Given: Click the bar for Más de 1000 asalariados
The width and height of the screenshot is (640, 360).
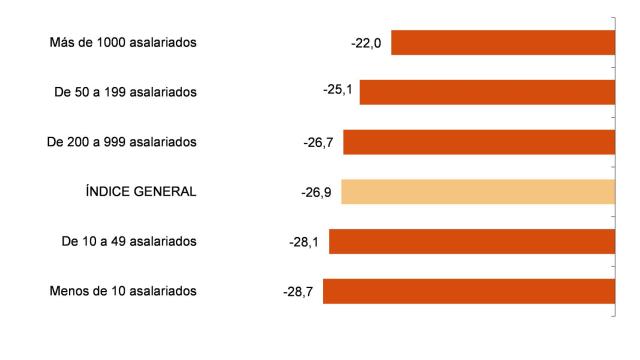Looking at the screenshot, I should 502,43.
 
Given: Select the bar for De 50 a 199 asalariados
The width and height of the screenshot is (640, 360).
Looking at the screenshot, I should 487,92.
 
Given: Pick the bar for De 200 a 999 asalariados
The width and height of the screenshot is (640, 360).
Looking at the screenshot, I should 479,142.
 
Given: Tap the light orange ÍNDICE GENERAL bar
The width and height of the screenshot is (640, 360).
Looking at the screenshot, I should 478,191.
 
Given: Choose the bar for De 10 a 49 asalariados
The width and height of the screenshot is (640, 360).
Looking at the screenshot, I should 472,241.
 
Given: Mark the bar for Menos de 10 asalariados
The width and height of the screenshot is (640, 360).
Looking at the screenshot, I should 468,291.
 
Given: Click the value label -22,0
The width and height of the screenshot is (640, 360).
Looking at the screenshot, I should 368,43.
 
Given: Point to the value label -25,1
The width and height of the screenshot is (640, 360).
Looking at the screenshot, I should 338,90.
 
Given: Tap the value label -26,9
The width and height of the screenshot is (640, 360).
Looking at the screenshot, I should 318,191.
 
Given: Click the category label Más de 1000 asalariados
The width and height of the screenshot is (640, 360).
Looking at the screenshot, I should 122,43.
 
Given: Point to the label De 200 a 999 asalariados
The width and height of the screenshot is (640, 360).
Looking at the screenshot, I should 121,142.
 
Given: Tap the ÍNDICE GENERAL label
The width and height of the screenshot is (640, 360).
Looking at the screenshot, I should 140,191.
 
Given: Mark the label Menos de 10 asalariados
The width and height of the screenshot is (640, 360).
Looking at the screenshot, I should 122,291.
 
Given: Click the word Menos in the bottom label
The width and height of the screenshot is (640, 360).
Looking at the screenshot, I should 68,291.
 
